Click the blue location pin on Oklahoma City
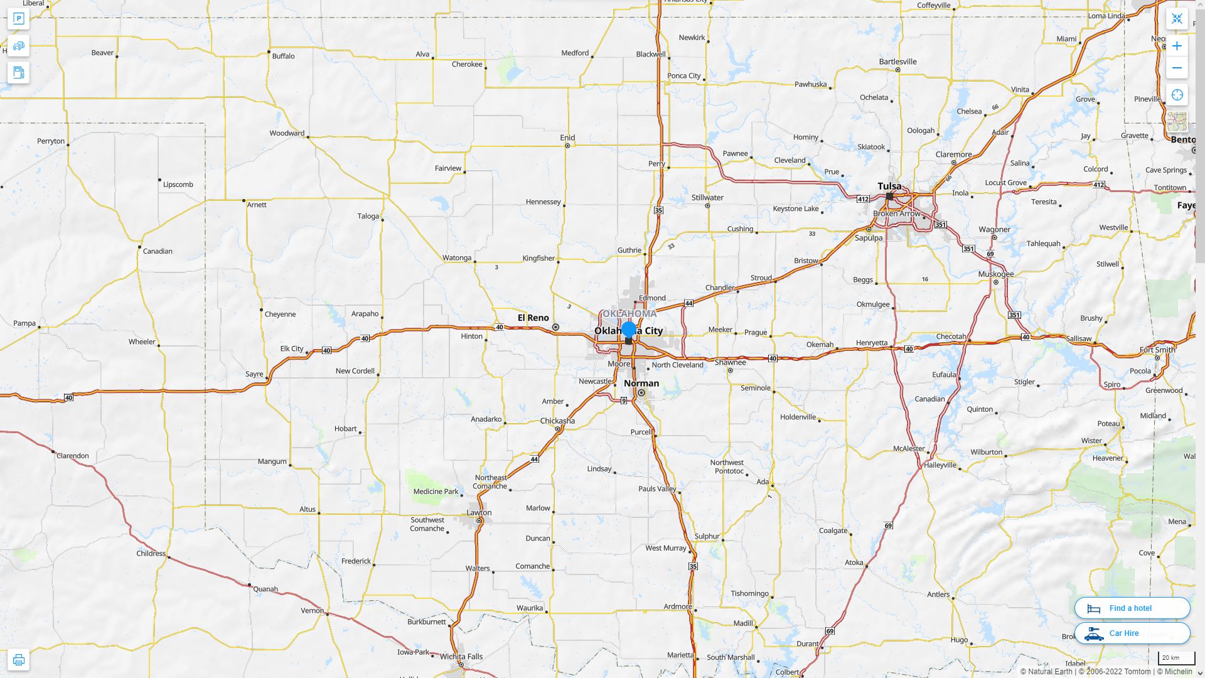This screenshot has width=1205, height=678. pyautogui.click(x=628, y=330)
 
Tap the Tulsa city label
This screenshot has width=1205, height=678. pyautogui.click(x=889, y=186)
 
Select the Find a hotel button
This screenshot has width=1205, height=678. pyautogui.click(x=1132, y=608)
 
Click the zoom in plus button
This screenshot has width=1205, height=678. pyautogui.click(x=1177, y=46)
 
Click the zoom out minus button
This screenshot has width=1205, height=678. pyautogui.click(x=1177, y=68)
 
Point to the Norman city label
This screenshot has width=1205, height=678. pyautogui.click(x=641, y=383)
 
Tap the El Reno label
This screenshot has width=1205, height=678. pyautogui.click(x=533, y=318)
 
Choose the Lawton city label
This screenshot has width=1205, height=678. pyautogui.click(x=479, y=512)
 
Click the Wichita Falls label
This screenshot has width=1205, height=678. pyautogui.click(x=461, y=657)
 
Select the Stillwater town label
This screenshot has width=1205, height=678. pyautogui.click(x=707, y=197)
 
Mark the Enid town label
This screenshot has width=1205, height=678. pyautogui.click(x=567, y=137)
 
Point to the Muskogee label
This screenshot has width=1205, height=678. pyautogui.click(x=995, y=274)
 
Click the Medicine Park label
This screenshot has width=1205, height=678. pyautogui.click(x=436, y=492)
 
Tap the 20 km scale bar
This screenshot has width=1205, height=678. pyautogui.click(x=1170, y=658)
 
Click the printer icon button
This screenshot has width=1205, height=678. pyautogui.click(x=18, y=660)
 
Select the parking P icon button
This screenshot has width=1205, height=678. pyautogui.click(x=18, y=19)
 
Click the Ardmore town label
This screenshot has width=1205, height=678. pyautogui.click(x=678, y=606)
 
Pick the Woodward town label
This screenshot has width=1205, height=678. pyautogui.click(x=287, y=133)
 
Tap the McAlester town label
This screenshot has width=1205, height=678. pyautogui.click(x=909, y=448)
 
